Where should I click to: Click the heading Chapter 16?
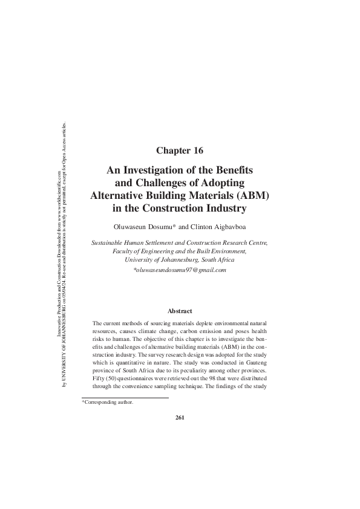180,149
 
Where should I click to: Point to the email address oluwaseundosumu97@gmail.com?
180,270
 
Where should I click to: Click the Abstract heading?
180,311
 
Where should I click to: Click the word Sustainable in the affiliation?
107,242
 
